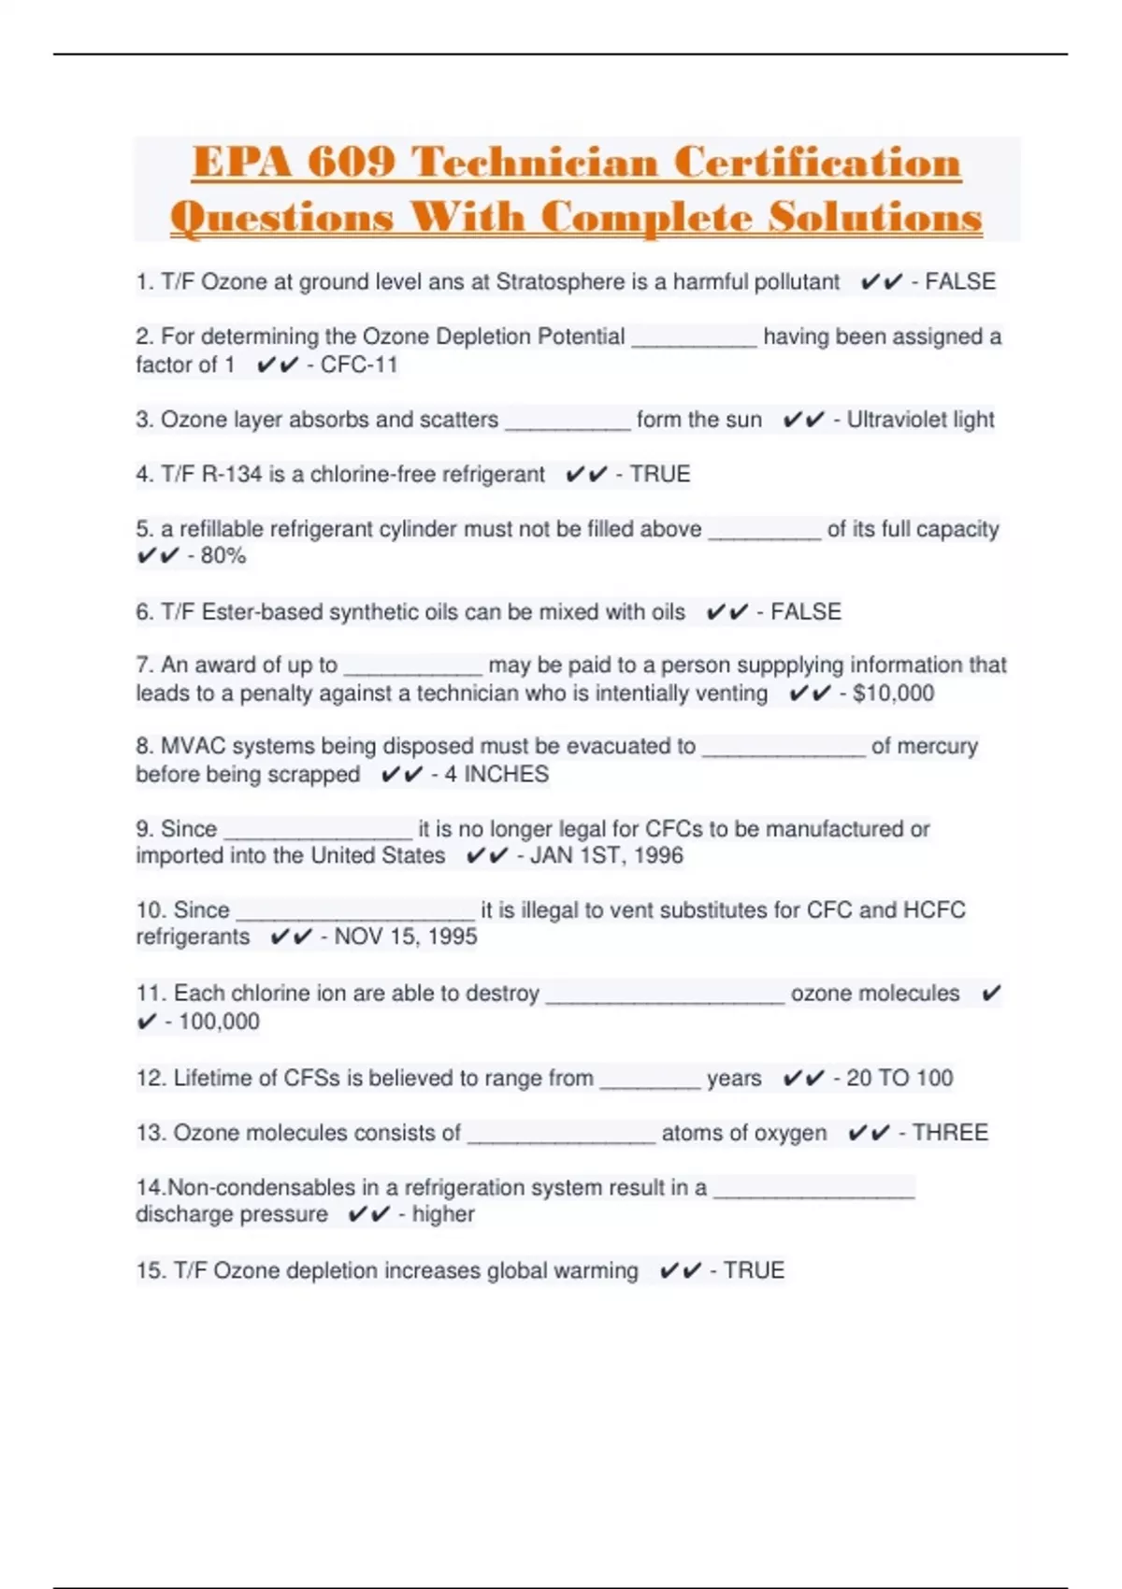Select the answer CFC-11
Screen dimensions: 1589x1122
coord(359,365)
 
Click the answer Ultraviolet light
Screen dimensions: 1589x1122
coord(920,420)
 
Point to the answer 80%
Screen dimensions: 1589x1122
coord(223,556)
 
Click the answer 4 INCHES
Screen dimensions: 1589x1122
coord(496,774)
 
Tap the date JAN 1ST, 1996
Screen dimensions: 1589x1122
coord(606,855)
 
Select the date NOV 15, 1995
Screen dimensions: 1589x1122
coord(405,937)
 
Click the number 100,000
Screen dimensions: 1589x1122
coord(219,1022)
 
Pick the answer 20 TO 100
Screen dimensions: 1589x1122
coord(899,1078)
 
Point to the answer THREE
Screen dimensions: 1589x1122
coord(950,1133)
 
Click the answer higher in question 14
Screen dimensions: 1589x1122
coord(443,1214)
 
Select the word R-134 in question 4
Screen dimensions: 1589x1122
coord(232,474)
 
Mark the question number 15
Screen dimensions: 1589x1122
coord(151,1270)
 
